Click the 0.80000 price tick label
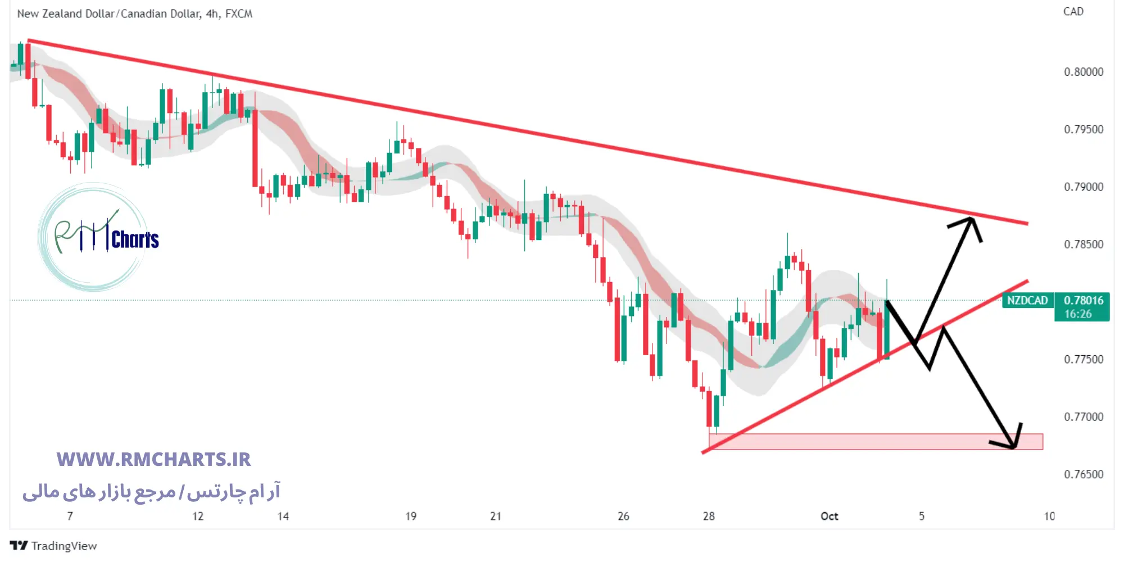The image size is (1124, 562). pyautogui.click(x=1083, y=72)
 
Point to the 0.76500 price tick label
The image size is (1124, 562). pyautogui.click(x=1083, y=474)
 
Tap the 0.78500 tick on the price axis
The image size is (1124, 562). pyautogui.click(x=1083, y=244)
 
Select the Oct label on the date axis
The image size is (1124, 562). pyautogui.click(x=829, y=516)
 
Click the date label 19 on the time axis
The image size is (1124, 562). pyautogui.click(x=411, y=516)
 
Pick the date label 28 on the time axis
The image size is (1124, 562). pyautogui.click(x=709, y=516)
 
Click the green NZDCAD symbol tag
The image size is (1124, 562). pyautogui.click(x=1027, y=301)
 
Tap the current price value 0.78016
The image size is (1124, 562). pyautogui.click(x=1083, y=301)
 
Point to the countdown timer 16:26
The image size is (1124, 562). pyautogui.click(x=1078, y=314)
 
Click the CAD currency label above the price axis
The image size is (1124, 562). pyautogui.click(x=1073, y=12)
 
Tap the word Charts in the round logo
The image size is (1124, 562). pyautogui.click(x=135, y=240)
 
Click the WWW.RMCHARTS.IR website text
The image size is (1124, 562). pyautogui.click(x=153, y=460)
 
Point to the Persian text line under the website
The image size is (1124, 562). pyautogui.click(x=151, y=492)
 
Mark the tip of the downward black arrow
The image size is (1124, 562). pyautogui.click(x=1014, y=448)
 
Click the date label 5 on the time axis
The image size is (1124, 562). pyautogui.click(x=922, y=516)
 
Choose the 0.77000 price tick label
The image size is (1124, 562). pyautogui.click(x=1083, y=417)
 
